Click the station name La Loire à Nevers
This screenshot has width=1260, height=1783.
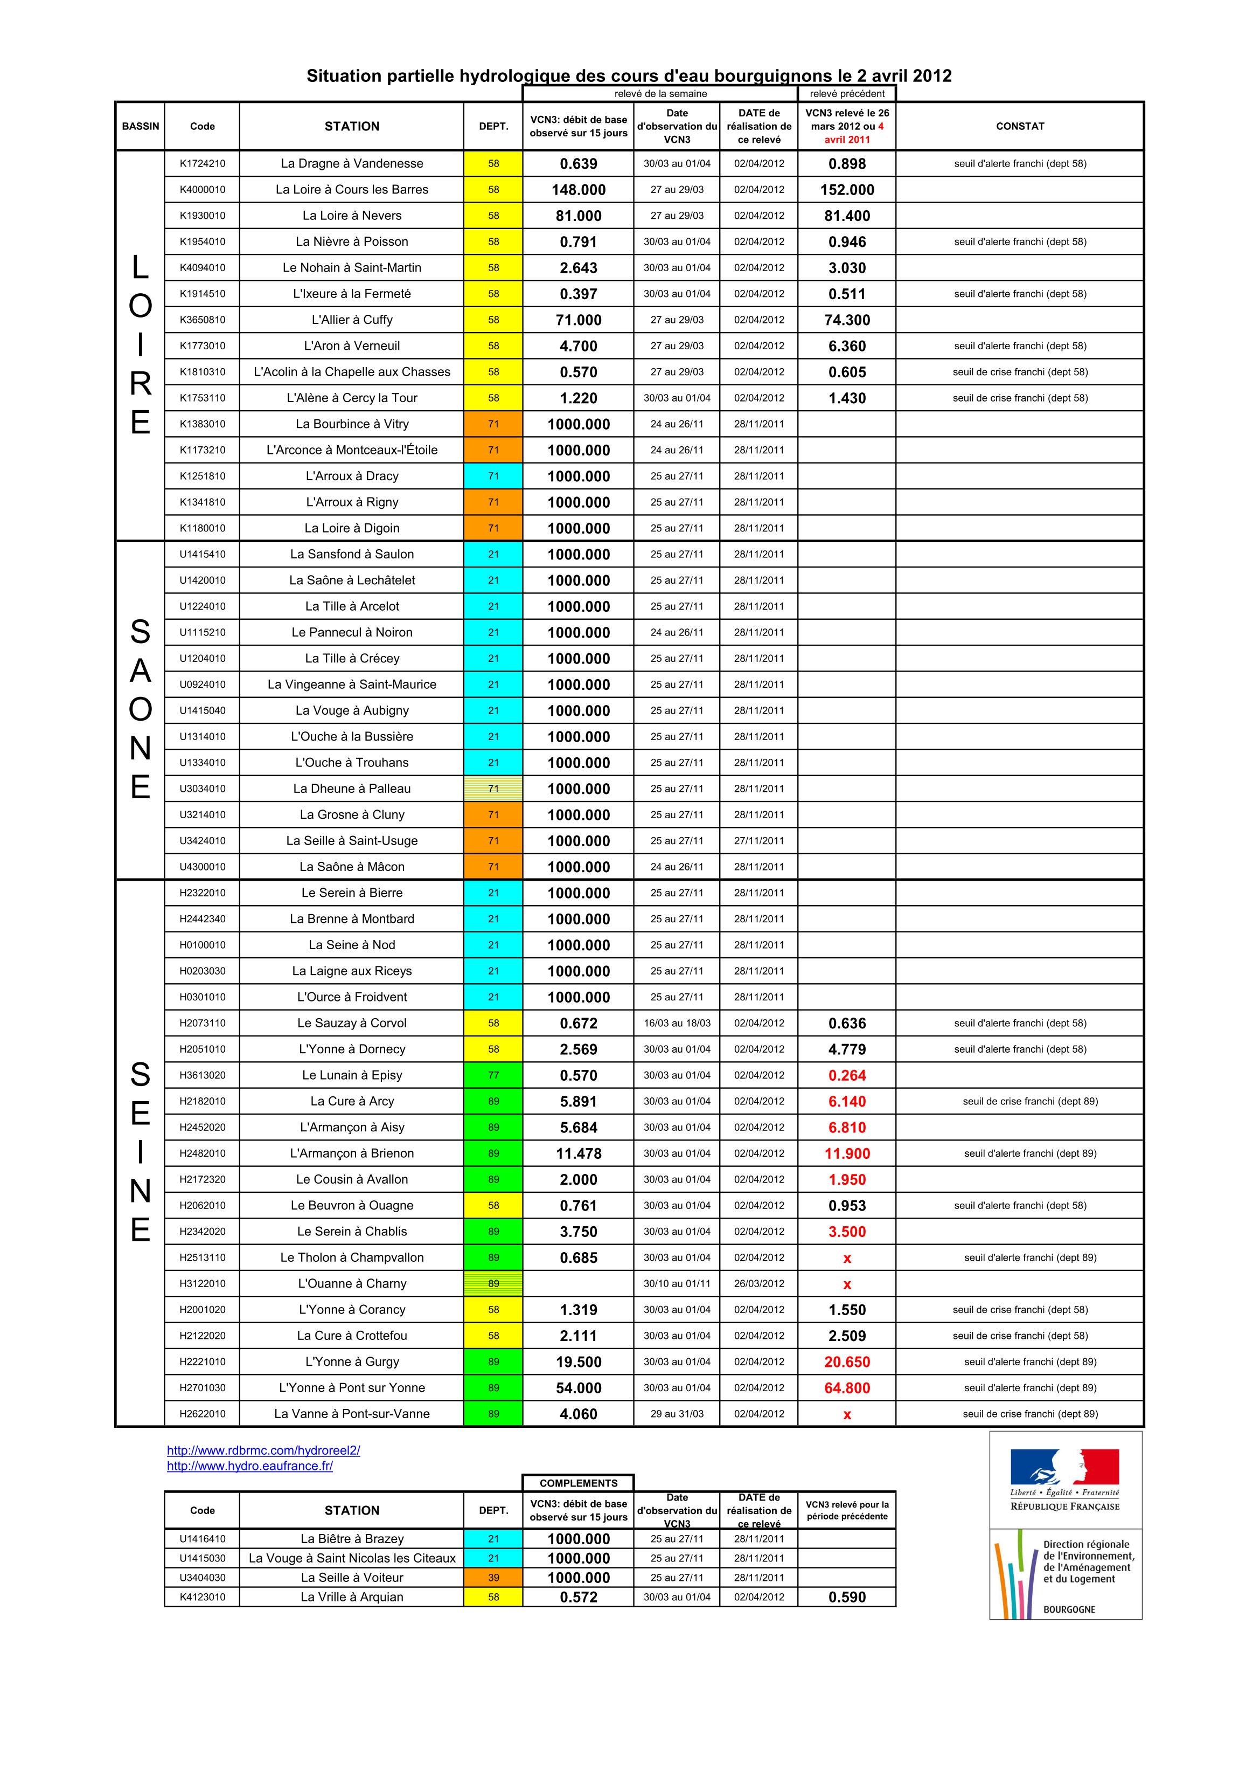tap(352, 216)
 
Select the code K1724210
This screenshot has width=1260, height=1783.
tap(202, 164)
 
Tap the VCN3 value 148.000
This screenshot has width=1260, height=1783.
tap(579, 190)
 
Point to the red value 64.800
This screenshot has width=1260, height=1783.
tap(847, 1388)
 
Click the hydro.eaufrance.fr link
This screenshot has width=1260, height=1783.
tap(250, 1466)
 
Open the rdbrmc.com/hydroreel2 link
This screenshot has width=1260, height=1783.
tap(263, 1450)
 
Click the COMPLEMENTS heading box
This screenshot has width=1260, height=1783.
tap(579, 1483)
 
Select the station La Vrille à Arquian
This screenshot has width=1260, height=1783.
tap(352, 1598)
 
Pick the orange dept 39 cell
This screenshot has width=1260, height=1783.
tap(493, 1578)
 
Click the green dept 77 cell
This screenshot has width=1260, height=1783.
tap(493, 1075)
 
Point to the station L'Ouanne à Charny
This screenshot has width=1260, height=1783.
tap(352, 1284)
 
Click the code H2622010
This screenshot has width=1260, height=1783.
tap(202, 1414)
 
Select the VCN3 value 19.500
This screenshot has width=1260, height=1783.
tap(579, 1362)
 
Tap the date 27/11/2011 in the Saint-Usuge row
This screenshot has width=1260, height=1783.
tap(758, 841)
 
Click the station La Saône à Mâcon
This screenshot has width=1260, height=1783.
tap(352, 867)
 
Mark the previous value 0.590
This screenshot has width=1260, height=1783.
tap(847, 1598)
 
